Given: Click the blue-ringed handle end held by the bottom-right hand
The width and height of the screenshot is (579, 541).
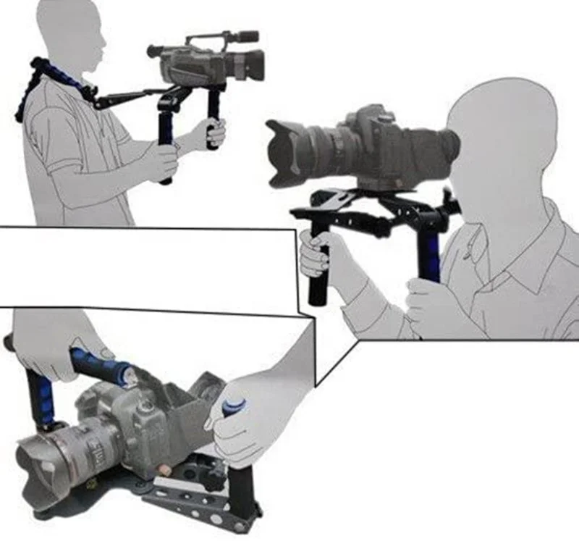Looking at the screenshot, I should [x=235, y=406].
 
